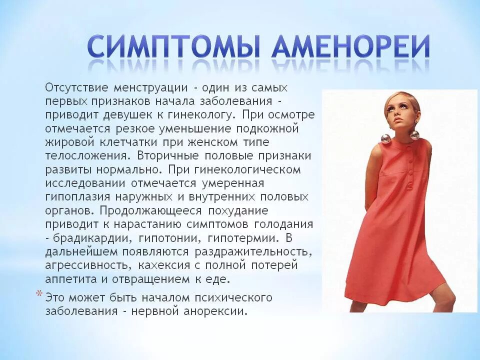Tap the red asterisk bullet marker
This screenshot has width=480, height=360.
[39, 294]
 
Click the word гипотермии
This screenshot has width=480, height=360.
[248, 236]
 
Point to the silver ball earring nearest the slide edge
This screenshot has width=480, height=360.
[414, 135]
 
